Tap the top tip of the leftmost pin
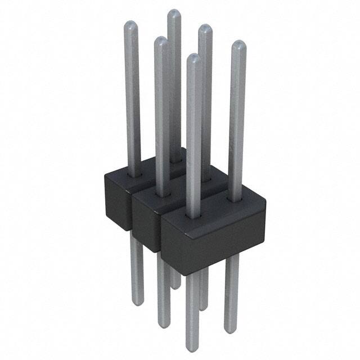(x=130, y=22)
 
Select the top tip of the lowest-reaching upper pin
(x=193, y=56)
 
